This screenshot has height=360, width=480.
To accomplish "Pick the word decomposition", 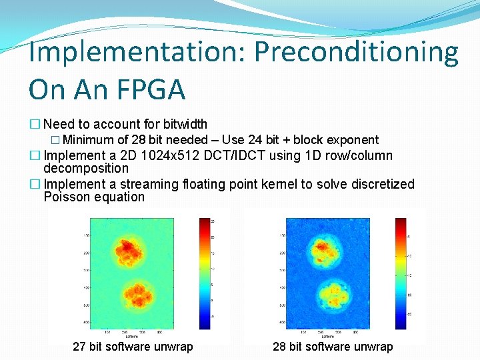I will point(85,169).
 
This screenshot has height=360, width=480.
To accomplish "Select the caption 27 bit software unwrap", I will point(133,347).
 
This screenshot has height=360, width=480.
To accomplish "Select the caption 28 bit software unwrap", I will point(333,347).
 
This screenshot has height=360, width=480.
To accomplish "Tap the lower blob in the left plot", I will point(136,297).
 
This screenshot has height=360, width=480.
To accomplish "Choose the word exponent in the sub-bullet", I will point(354,140).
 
